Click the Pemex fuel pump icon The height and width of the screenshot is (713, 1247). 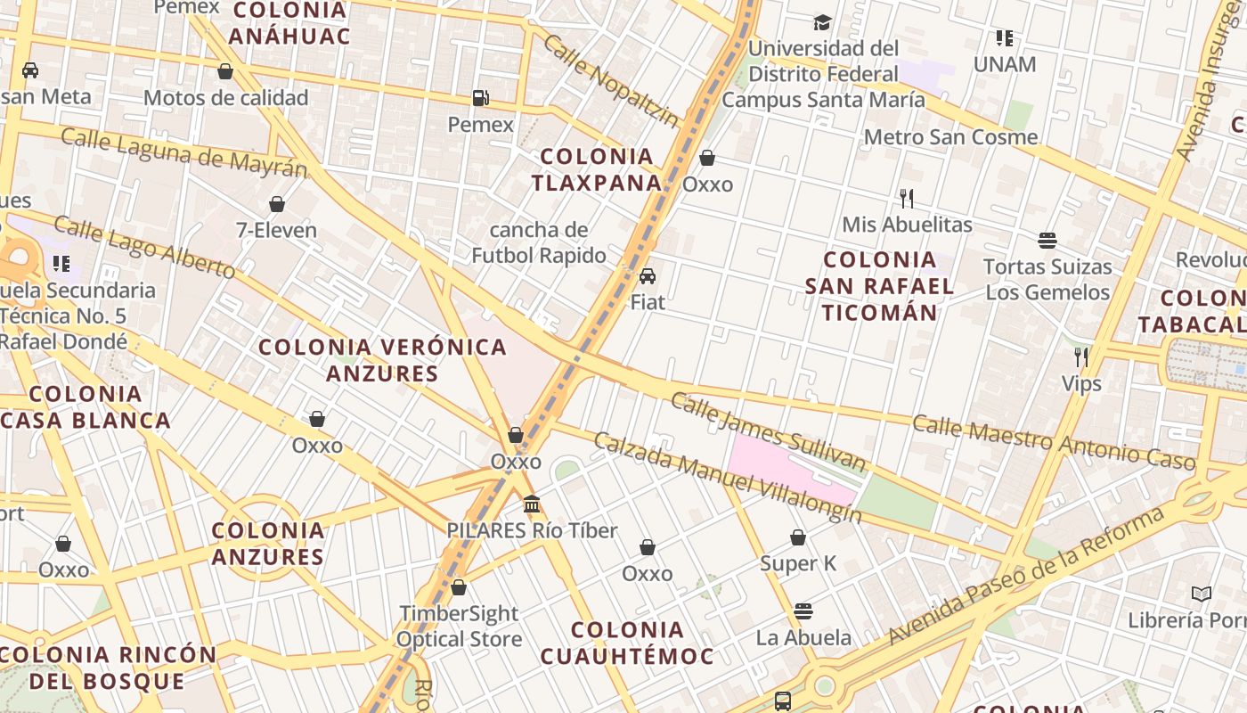(x=481, y=98)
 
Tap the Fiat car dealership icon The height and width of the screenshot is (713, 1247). (x=648, y=276)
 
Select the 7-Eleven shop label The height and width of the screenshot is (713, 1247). (x=276, y=231)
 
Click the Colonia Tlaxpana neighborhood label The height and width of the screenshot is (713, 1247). (x=597, y=169)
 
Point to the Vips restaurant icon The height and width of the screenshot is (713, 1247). (x=1081, y=357)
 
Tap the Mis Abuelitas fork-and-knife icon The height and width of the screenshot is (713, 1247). (x=907, y=198)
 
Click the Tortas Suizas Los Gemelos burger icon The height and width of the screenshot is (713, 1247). (x=1047, y=241)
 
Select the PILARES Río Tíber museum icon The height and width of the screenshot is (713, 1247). (x=532, y=504)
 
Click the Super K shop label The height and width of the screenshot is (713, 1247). (x=798, y=563)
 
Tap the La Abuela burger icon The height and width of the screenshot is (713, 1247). (x=803, y=611)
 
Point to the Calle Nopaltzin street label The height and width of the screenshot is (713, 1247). (x=610, y=80)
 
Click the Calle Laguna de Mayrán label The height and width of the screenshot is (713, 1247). (x=183, y=152)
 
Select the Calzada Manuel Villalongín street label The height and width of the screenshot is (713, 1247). (x=727, y=478)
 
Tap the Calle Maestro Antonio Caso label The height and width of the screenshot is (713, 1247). (x=1053, y=441)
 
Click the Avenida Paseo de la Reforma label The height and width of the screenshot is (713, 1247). (x=1024, y=575)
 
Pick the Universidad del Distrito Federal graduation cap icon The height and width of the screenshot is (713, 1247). (x=822, y=22)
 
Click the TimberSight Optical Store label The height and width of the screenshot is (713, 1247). (x=459, y=627)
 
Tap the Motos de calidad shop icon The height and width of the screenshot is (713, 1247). (x=225, y=71)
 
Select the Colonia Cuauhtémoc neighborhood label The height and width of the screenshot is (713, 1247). (x=627, y=643)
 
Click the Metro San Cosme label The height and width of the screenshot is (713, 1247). (x=950, y=137)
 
